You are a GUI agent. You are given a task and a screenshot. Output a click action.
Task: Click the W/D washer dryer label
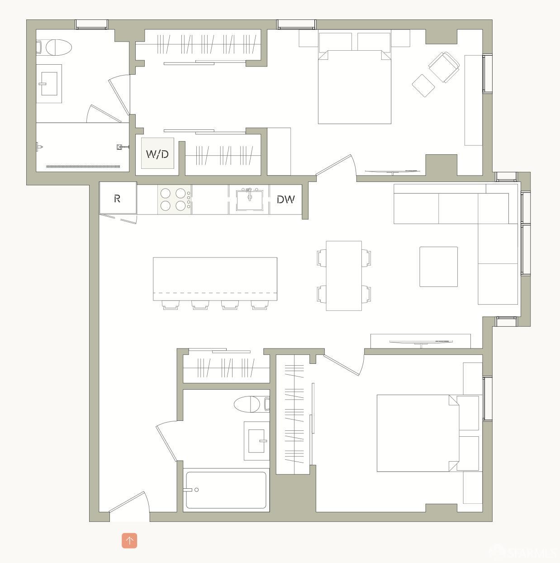click(x=157, y=154)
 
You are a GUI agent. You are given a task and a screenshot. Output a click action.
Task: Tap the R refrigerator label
click(x=117, y=198)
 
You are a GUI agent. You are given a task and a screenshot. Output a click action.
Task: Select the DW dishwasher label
click(x=285, y=199)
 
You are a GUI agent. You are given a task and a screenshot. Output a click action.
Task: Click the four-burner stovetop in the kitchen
click(x=175, y=200)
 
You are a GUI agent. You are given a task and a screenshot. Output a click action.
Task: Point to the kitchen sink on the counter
click(x=249, y=200)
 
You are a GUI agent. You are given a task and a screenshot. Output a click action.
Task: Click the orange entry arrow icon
click(x=129, y=540)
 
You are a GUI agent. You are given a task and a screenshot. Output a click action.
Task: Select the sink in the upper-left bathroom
click(x=49, y=84)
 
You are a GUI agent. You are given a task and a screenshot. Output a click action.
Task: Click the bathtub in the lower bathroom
click(x=226, y=490)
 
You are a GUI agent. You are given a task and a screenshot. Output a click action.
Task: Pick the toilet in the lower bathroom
click(x=249, y=404)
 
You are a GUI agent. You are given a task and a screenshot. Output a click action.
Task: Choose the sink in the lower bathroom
click(x=257, y=440)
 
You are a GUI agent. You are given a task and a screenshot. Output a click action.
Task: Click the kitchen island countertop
click(x=215, y=278)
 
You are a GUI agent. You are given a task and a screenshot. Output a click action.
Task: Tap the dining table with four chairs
click(x=344, y=275)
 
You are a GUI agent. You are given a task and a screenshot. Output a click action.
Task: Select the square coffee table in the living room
click(x=438, y=267)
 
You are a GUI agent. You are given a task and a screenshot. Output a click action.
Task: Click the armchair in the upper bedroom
click(x=444, y=67)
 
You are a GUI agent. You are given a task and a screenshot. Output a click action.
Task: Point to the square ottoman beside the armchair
click(x=423, y=86)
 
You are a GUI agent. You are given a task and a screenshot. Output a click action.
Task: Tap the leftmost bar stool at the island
click(x=171, y=305)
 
